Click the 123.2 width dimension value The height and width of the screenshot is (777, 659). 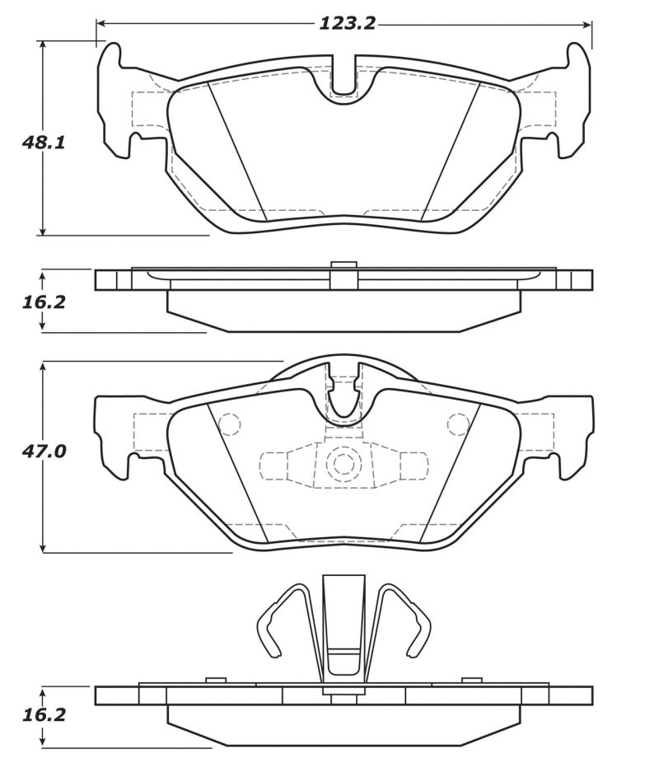[x=347, y=23]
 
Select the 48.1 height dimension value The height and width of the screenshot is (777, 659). [x=44, y=143]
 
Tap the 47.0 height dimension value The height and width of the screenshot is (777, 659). [x=44, y=452]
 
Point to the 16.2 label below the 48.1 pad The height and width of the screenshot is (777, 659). [x=44, y=302]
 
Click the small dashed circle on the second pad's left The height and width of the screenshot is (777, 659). [x=230, y=424]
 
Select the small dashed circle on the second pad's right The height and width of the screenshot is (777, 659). [x=458, y=424]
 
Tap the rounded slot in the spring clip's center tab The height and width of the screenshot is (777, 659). [x=344, y=660]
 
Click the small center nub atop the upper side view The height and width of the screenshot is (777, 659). [x=344, y=264]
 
